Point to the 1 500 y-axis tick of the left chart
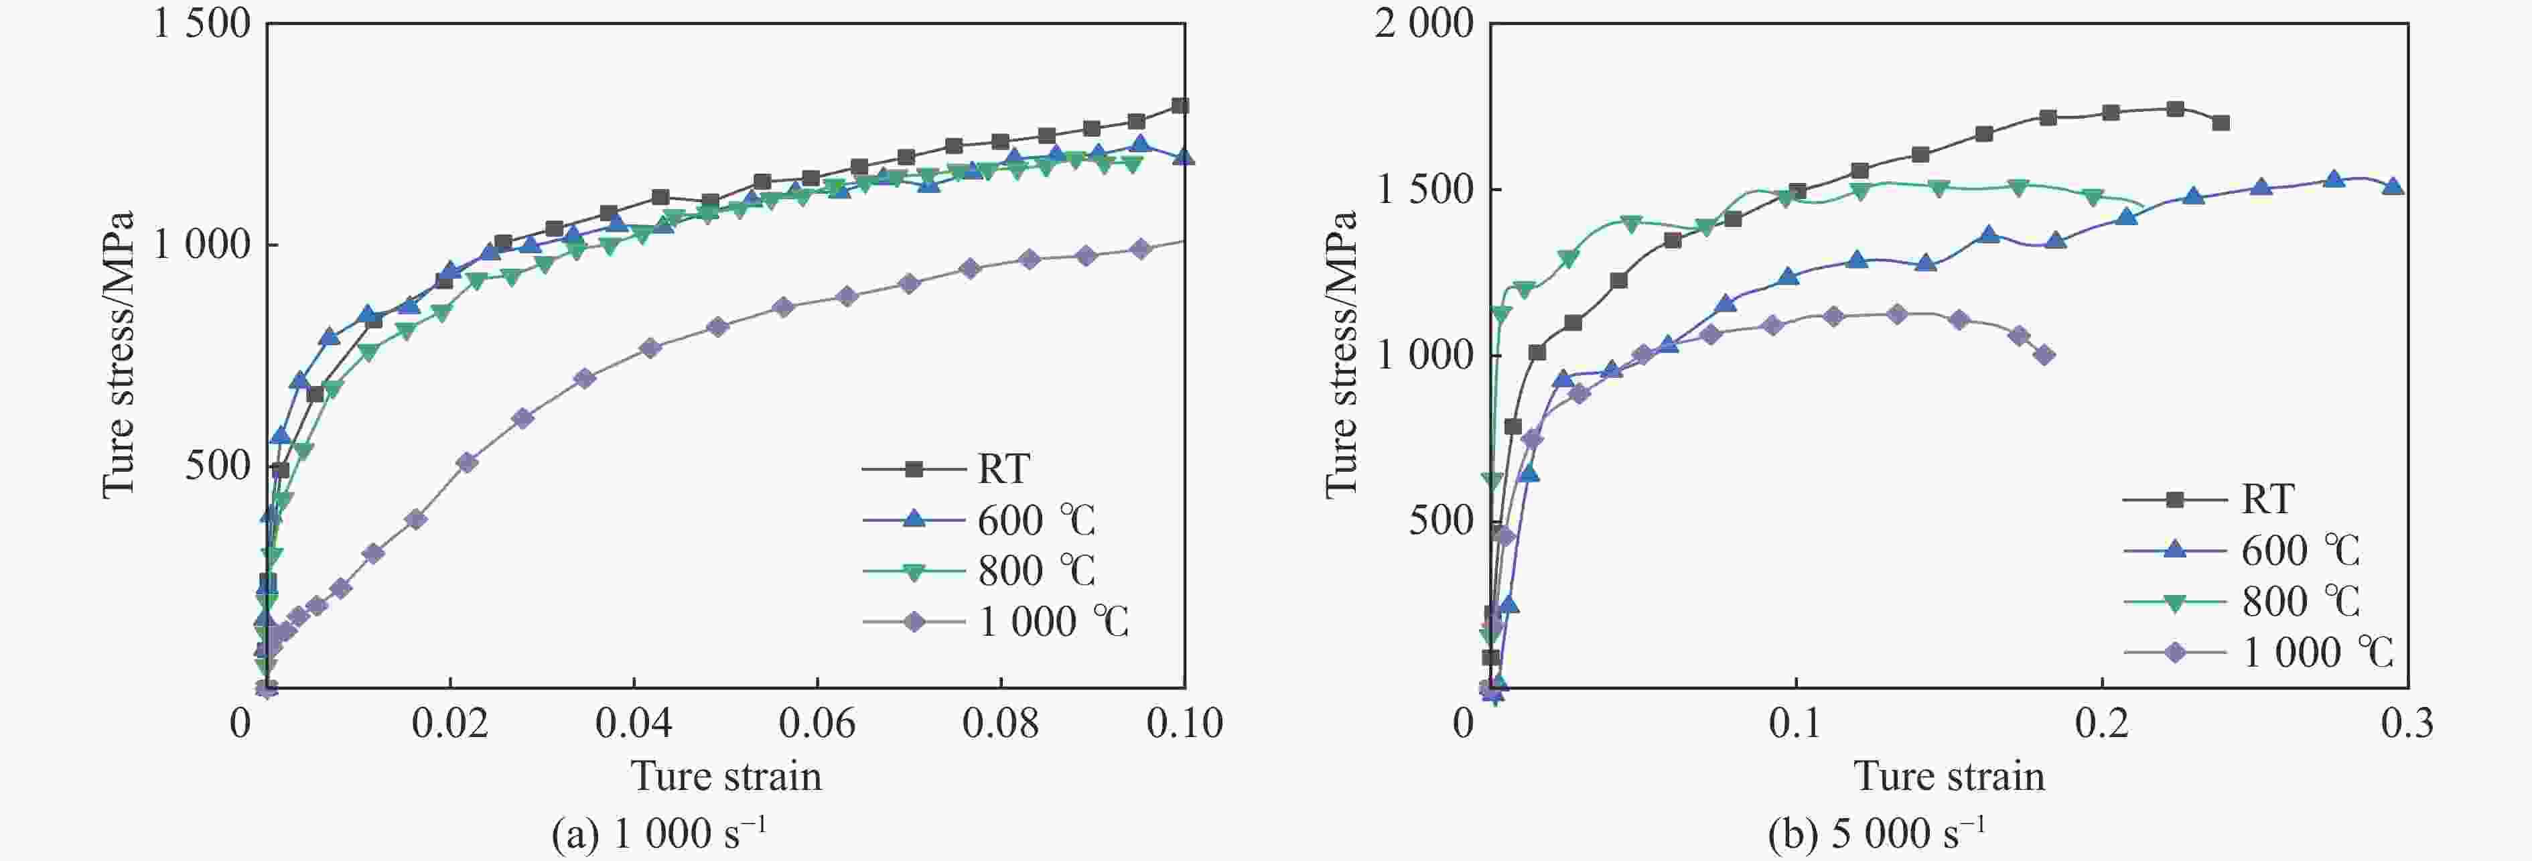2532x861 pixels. (202, 23)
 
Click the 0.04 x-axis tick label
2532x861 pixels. (634, 724)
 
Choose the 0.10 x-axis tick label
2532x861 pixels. (1184, 724)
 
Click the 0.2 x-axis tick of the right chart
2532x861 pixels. (2101, 724)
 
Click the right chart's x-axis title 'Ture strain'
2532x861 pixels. (1949, 777)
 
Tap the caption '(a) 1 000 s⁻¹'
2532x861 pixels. (658, 834)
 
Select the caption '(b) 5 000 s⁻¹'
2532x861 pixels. (1876, 834)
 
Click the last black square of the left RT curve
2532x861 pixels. (1180, 106)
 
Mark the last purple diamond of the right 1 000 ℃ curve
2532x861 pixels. (2044, 356)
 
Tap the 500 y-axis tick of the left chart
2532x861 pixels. (218, 466)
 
